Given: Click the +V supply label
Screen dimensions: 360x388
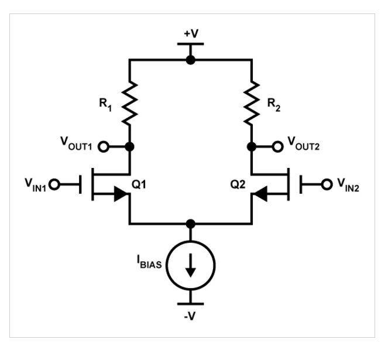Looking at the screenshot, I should coord(190,34).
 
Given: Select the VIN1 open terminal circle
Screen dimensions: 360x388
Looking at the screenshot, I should coord(54,185).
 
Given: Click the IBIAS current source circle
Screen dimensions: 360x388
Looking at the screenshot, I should coord(190,267).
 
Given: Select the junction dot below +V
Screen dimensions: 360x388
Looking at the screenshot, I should coord(190,59).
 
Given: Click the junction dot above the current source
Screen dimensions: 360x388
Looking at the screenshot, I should coord(190,224).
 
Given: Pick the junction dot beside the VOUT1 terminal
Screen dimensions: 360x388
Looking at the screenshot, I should coord(130,146).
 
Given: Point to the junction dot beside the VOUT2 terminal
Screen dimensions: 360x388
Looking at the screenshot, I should coord(252,146).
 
